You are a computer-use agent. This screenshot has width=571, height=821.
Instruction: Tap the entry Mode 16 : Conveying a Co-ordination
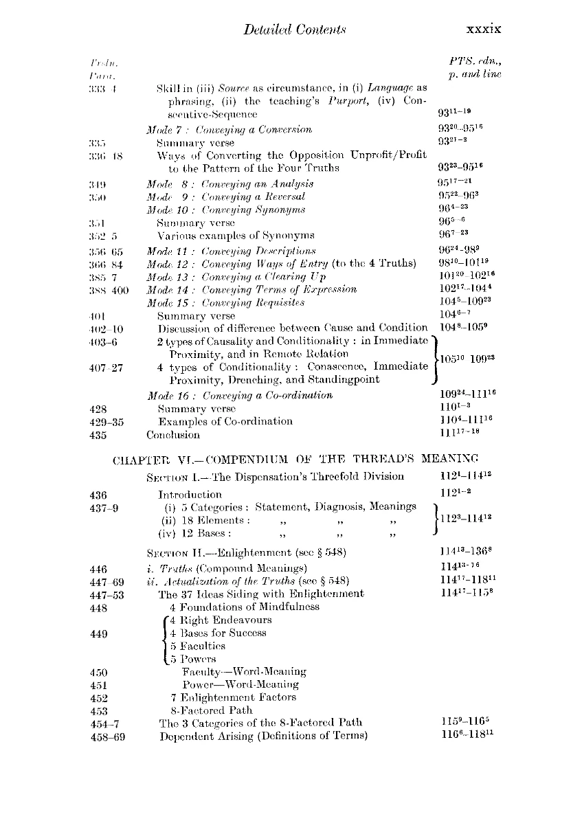pyautogui.click(x=240, y=395)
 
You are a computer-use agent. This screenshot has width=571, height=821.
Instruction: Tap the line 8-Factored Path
pyautogui.click(x=211, y=710)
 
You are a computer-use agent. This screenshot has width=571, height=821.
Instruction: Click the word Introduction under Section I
pyautogui.click(x=190, y=495)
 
